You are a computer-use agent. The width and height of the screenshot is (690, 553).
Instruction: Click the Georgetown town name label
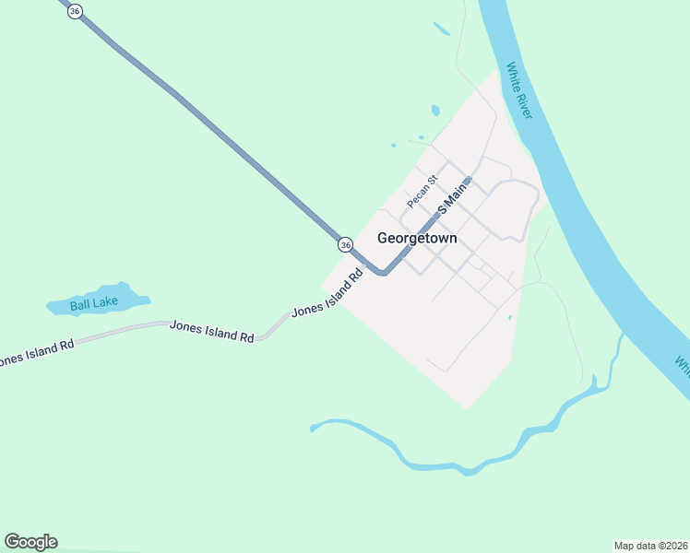[417, 238]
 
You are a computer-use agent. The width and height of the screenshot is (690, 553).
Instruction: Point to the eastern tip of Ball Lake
[148, 298]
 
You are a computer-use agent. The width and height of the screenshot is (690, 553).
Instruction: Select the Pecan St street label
[422, 190]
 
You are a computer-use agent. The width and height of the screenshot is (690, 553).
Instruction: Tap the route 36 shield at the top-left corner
[76, 9]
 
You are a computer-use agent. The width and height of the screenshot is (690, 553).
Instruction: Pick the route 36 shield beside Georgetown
[345, 244]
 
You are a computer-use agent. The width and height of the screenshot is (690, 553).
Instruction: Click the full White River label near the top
[518, 90]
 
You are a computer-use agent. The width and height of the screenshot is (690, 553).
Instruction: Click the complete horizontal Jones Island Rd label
[211, 332]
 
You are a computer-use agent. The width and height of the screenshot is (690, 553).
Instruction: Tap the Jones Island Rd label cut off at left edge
[35, 353]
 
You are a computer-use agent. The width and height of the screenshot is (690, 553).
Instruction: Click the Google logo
[30, 542]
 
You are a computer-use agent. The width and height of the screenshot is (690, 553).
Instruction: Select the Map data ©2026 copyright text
[650, 546]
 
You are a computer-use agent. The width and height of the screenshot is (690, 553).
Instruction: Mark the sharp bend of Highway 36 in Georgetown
[382, 272]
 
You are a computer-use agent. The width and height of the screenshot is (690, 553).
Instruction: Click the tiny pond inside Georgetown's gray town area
[509, 318]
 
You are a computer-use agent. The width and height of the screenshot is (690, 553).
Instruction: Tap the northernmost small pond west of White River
[441, 29]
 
